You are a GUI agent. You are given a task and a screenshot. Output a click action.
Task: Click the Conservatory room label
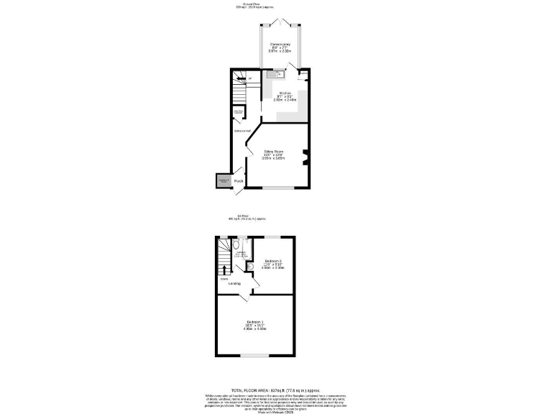tap(279, 45)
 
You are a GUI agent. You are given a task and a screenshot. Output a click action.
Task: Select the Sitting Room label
tap(273, 151)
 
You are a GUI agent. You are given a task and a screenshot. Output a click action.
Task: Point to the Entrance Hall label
tap(241, 130)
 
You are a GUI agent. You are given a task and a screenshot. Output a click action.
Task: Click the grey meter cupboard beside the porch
tap(223, 181)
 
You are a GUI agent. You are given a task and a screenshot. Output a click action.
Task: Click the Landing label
tap(234, 283)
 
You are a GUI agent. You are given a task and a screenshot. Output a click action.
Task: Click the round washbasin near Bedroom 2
tap(249, 267)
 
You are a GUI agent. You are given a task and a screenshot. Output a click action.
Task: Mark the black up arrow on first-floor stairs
tap(223, 270)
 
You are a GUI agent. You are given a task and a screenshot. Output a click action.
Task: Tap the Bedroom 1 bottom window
tap(254, 356)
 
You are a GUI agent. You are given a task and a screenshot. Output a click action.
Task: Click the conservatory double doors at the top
tap(278, 22)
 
